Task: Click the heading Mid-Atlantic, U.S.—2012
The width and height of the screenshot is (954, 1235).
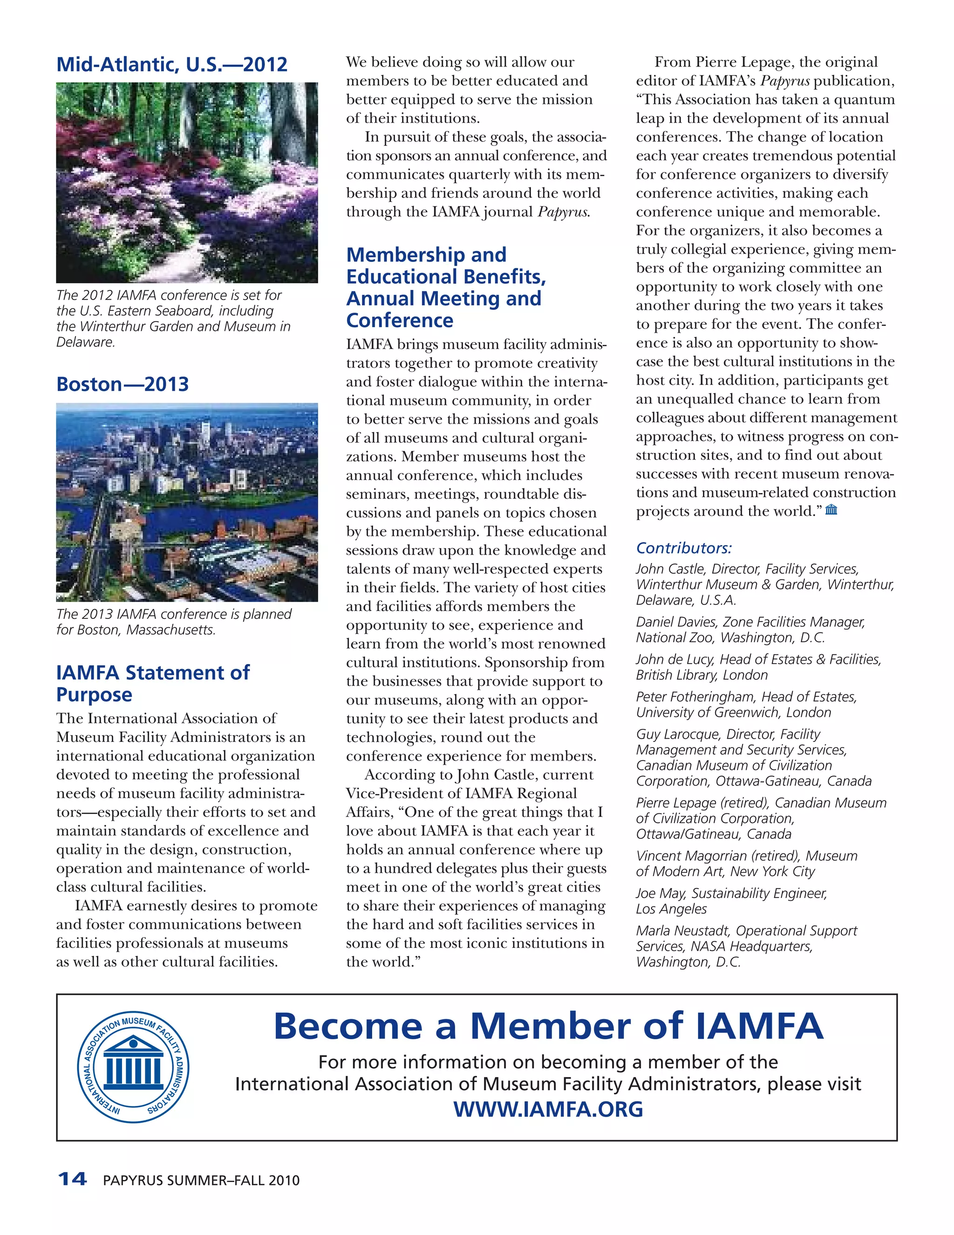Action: coord(172,64)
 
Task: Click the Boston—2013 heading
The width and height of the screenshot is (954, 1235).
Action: coord(123,384)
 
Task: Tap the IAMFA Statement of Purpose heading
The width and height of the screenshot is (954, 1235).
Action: coord(153,683)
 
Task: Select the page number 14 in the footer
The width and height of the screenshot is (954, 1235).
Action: coord(72,1179)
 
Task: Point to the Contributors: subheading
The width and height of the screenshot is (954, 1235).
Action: coord(684,548)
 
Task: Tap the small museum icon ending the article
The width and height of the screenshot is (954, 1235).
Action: coord(831,510)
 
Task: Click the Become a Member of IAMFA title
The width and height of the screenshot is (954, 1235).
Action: coord(548,1026)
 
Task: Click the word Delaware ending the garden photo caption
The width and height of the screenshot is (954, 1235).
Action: coord(85,342)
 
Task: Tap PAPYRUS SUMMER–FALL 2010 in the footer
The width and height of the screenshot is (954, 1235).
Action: coord(201,1180)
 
